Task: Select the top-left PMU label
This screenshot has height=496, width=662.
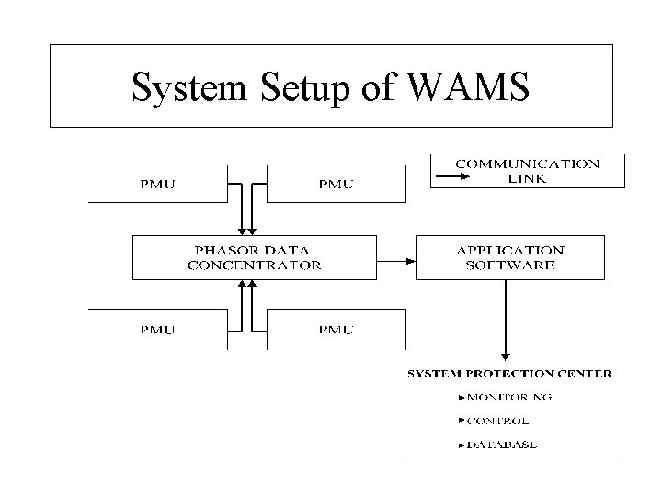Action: tap(157, 184)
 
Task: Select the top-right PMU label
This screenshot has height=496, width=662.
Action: tap(335, 184)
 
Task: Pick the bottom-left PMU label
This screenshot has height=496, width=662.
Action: tap(157, 329)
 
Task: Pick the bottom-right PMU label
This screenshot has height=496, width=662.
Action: tap(335, 329)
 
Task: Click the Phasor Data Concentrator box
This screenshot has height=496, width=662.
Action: tap(254, 257)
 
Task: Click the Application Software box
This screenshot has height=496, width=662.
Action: tap(510, 257)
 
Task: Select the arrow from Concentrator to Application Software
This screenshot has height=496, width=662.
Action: tap(396, 258)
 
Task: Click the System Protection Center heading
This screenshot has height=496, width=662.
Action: tap(509, 374)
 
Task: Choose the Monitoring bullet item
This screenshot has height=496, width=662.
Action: tap(508, 398)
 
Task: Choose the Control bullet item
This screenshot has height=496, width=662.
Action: tap(497, 421)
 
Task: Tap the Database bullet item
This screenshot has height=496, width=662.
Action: tap(502, 445)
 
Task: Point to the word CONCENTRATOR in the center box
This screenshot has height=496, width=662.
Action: tap(254, 265)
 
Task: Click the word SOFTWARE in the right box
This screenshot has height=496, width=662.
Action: tap(510, 265)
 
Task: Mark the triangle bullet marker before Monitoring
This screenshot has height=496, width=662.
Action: tap(461, 398)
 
